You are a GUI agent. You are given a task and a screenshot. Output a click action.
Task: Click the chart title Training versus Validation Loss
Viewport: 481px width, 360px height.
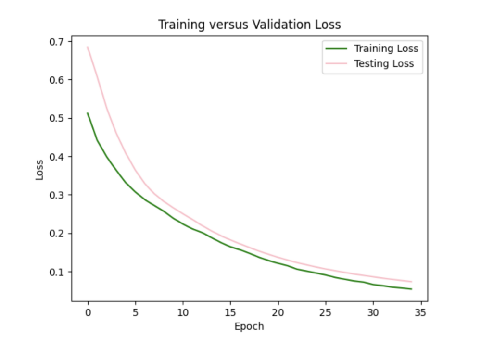(249, 25)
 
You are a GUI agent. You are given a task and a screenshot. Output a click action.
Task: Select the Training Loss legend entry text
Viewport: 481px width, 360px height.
(386, 49)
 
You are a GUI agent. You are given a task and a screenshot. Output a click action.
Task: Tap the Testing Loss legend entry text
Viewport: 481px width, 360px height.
(383, 63)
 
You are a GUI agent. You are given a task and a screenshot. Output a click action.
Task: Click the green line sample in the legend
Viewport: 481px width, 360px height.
(336, 49)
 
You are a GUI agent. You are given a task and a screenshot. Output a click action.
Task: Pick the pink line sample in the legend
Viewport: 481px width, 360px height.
(336, 63)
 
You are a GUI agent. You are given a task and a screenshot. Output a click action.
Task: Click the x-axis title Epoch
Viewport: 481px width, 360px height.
(249, 327)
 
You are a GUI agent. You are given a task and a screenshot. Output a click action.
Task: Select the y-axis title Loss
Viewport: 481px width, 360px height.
(39, 170)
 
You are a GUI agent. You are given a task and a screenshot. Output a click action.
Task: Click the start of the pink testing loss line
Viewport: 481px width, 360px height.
(88, 47)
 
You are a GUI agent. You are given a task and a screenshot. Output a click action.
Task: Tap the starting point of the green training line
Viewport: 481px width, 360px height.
(88, 113)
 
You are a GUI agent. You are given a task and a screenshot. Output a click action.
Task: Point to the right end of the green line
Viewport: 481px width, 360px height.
(411, 289)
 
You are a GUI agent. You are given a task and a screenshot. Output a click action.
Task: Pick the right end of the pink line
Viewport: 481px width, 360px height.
(411, 282)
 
